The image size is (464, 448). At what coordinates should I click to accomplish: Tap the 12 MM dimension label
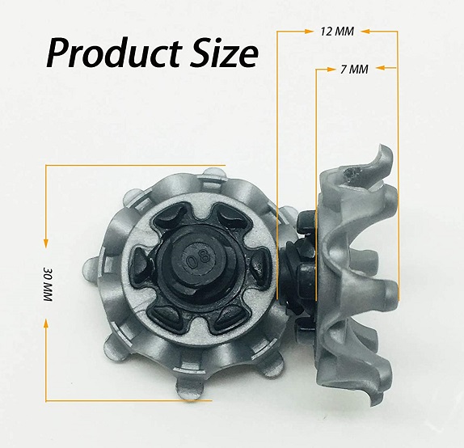click(337, 32)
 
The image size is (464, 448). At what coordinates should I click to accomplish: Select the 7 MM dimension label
click(355, 69)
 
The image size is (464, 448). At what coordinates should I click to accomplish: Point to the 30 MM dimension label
click(49, 284)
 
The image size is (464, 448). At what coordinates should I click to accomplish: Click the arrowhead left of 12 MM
click(309, 32)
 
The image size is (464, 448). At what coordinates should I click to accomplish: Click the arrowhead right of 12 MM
click(365, 32)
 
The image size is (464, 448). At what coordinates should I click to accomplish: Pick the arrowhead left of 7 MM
click(330, 69)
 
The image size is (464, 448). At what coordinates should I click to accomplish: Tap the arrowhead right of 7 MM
click(381, 69)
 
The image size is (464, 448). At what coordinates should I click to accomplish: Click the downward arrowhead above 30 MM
click(45, 243)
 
